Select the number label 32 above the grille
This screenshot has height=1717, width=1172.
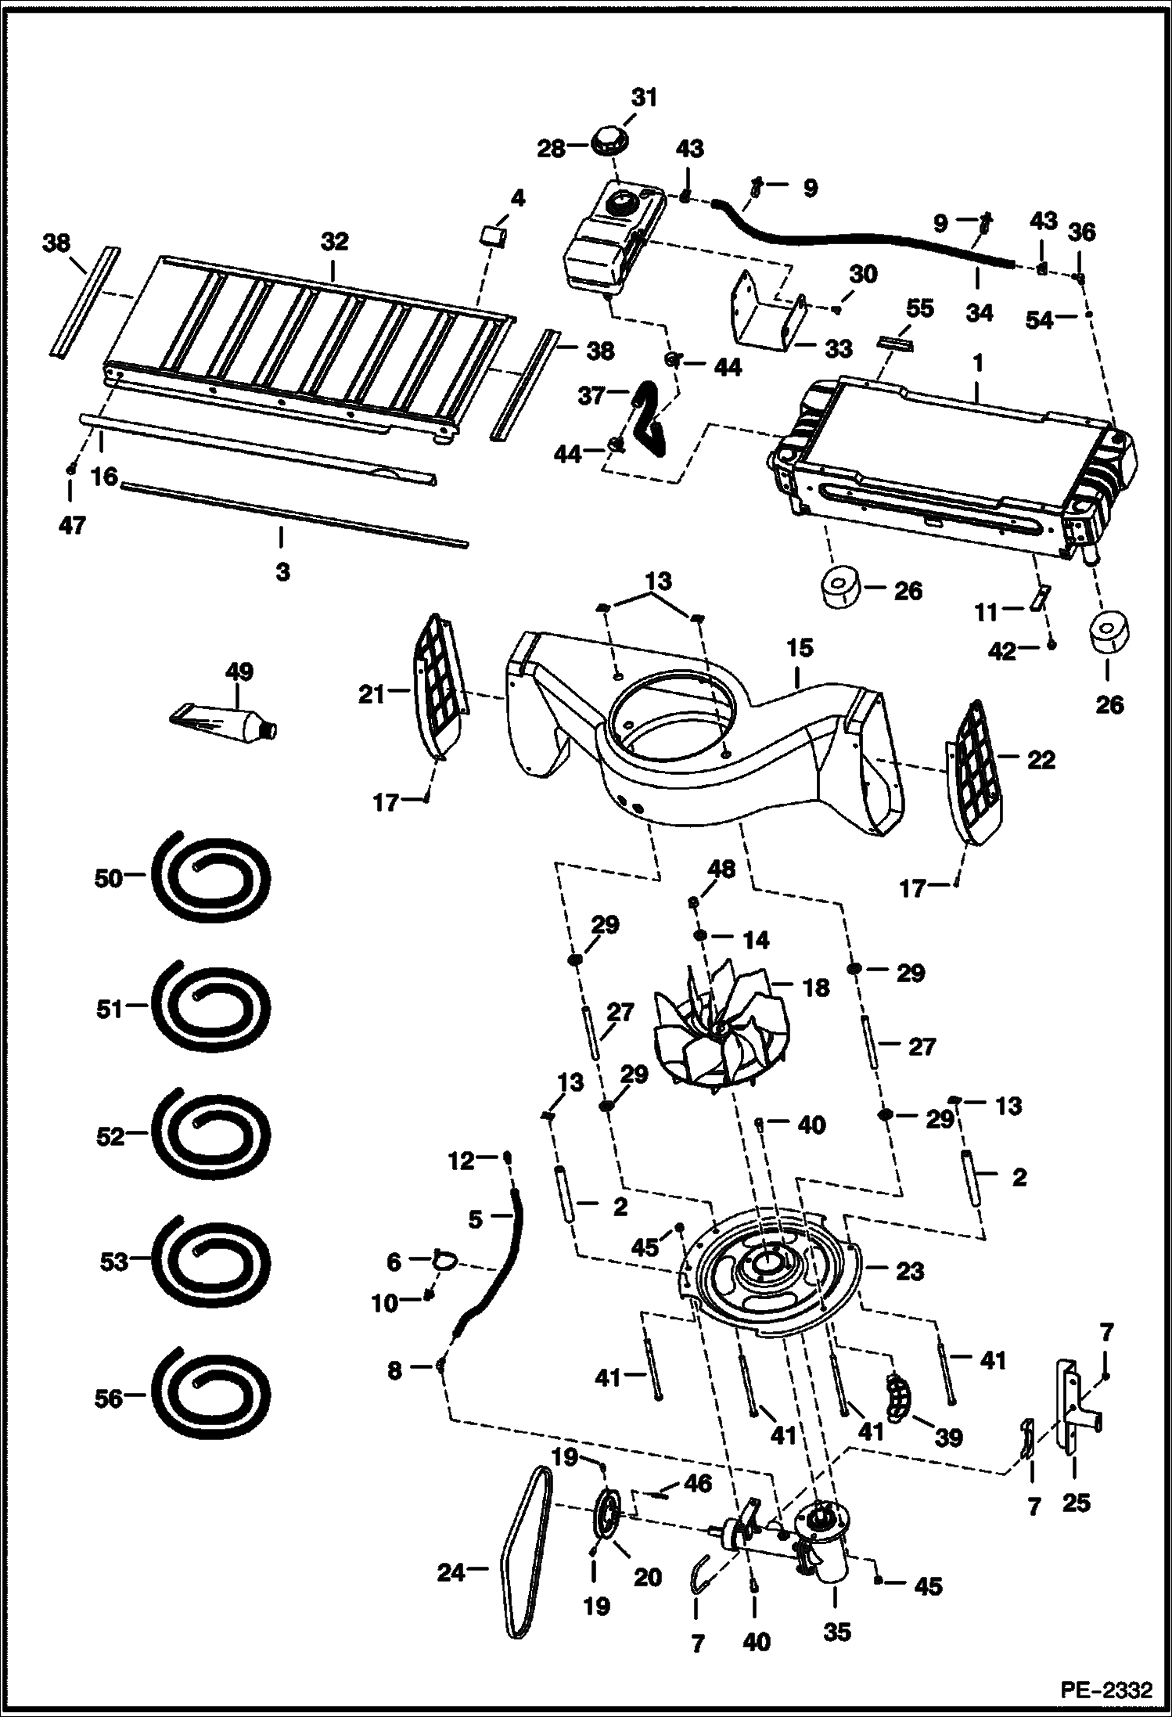pos(334,242)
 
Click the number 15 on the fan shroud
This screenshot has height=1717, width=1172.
pos(801,648)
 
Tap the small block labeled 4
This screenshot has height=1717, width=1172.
pos(492,235)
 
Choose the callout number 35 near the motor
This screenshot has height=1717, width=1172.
pos(836,1632)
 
